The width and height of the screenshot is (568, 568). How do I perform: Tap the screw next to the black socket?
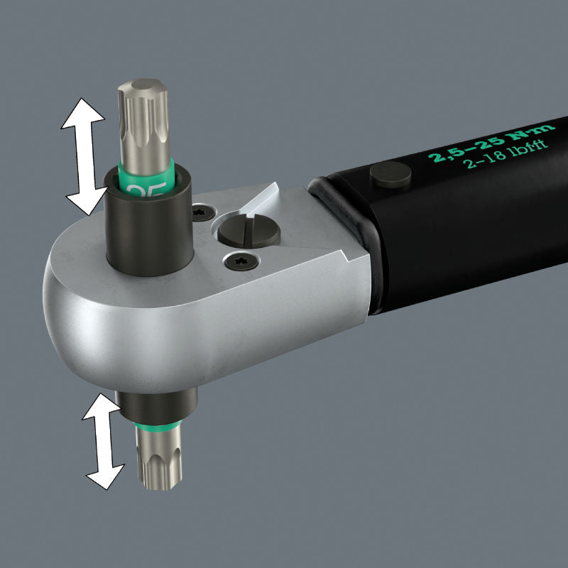[x=202, y=211]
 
